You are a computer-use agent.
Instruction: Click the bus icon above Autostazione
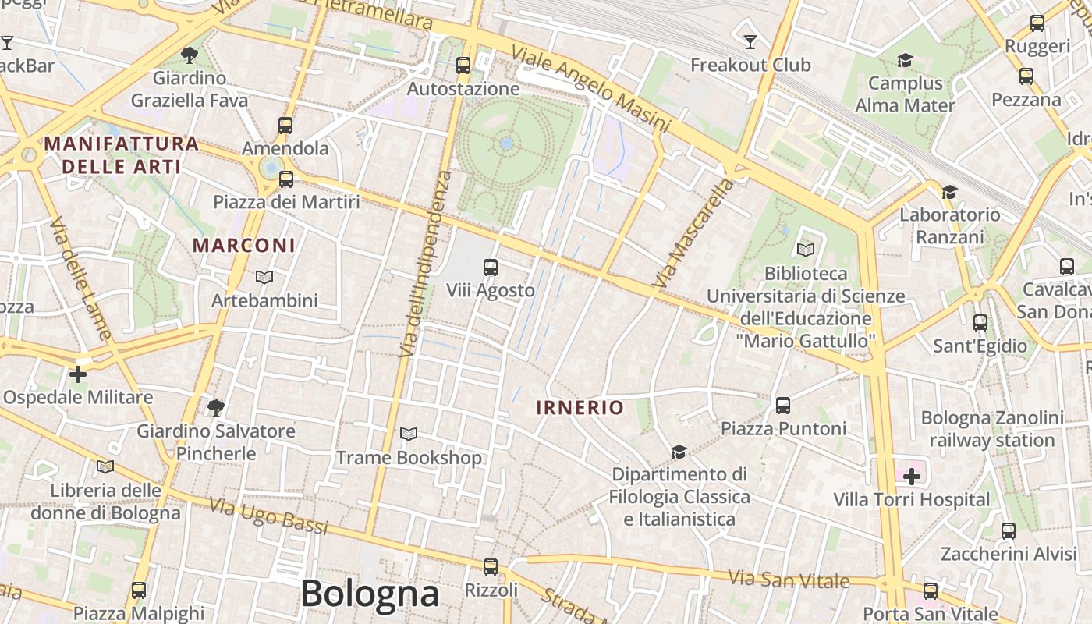463,66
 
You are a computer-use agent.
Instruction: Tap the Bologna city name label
370,594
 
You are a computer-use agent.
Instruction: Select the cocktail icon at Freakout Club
750,41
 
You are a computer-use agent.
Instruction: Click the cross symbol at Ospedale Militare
78,374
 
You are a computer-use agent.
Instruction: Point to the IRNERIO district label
580,407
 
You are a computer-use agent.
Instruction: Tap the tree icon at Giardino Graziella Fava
189,55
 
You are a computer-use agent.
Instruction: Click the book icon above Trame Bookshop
409,434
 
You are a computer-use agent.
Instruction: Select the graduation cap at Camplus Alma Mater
905,60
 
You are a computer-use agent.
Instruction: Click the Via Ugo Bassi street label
269,516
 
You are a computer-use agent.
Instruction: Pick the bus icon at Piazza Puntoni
783,406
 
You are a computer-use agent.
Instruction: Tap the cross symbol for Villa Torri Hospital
911,476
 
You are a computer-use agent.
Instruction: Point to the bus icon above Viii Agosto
491,268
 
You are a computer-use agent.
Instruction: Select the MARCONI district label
244,246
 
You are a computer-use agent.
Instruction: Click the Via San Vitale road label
789,580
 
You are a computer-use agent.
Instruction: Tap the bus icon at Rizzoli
491,567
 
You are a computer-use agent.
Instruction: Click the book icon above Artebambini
264,277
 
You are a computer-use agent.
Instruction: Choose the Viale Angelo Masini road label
590,88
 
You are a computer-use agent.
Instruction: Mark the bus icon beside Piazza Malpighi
139,590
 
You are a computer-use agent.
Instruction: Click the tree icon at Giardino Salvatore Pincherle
216,407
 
